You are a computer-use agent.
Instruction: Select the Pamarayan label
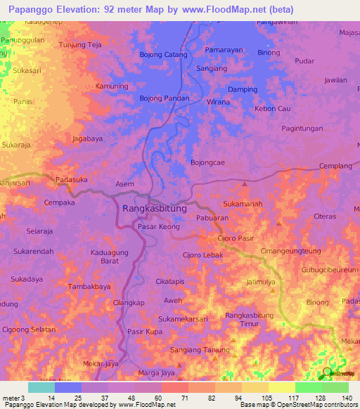[x=223, y=51]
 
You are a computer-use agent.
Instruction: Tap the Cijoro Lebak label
[x=203, y=255]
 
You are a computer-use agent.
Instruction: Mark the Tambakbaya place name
[x=89, y=287]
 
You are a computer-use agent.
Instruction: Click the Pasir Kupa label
[x=145, y=331]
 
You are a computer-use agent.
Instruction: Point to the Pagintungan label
[x=302, y=129]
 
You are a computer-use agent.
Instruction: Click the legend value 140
[x=347, y=398]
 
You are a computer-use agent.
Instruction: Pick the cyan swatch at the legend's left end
[x=41, y=387]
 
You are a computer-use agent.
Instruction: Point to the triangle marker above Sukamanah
[x=245, y=184]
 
